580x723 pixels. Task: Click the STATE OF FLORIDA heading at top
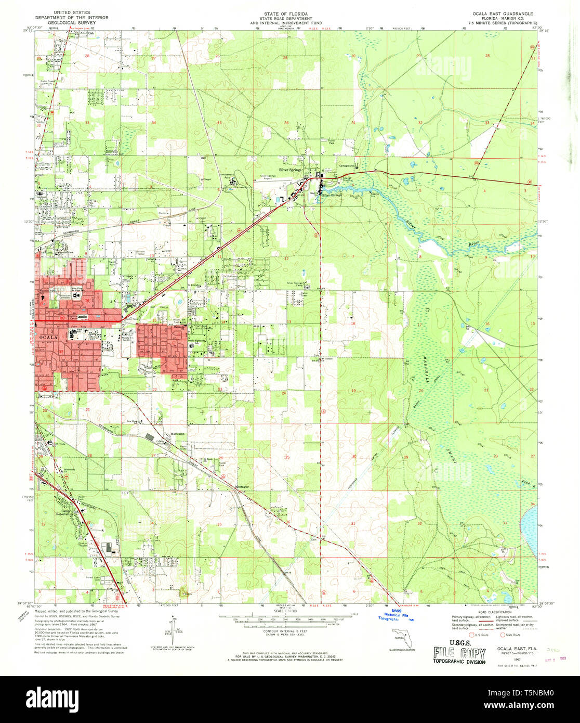point(286,12)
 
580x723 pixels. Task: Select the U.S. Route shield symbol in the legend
point(472,635)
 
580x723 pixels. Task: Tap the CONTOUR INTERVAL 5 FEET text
point(285,628)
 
